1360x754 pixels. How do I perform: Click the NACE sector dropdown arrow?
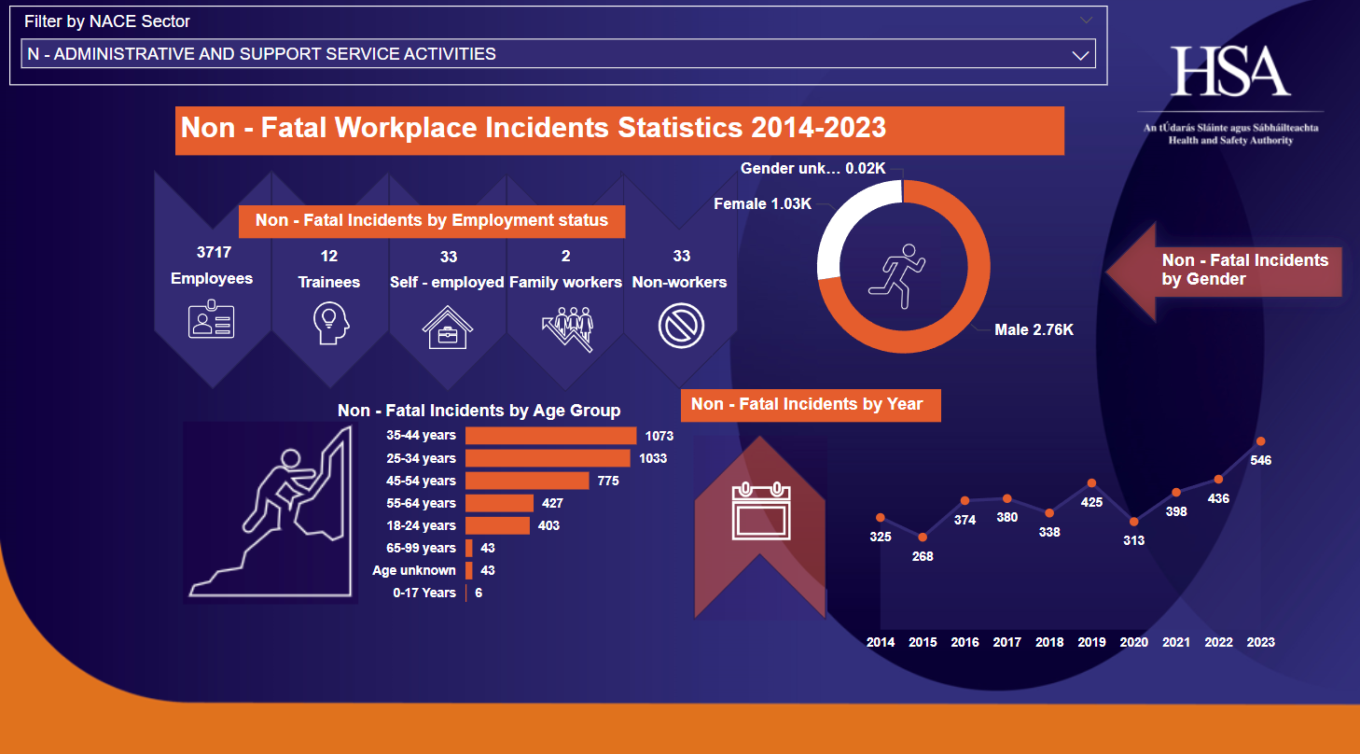point(1081,55)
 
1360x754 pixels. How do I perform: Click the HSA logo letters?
point(1230,72)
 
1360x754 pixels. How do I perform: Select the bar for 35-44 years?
point(550,436)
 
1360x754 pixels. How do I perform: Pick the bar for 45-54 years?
point(527,481)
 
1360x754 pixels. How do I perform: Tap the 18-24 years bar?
point(497,525)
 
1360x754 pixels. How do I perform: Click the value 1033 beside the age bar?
point(653,458)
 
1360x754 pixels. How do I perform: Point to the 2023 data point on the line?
point(1261,441)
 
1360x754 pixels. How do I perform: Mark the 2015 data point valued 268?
point(923,538)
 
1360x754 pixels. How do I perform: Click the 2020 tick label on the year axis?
point(1133,642)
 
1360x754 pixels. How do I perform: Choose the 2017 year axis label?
point(1006,642)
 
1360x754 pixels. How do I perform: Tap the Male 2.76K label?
point(1034,329)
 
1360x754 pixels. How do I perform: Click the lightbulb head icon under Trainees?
point(329,325)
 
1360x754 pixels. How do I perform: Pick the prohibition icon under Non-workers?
point(681,327)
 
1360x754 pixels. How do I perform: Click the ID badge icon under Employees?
point(212,320)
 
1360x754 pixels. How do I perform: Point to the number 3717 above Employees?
point(214,252)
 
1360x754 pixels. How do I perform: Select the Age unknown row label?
point(414,570)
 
